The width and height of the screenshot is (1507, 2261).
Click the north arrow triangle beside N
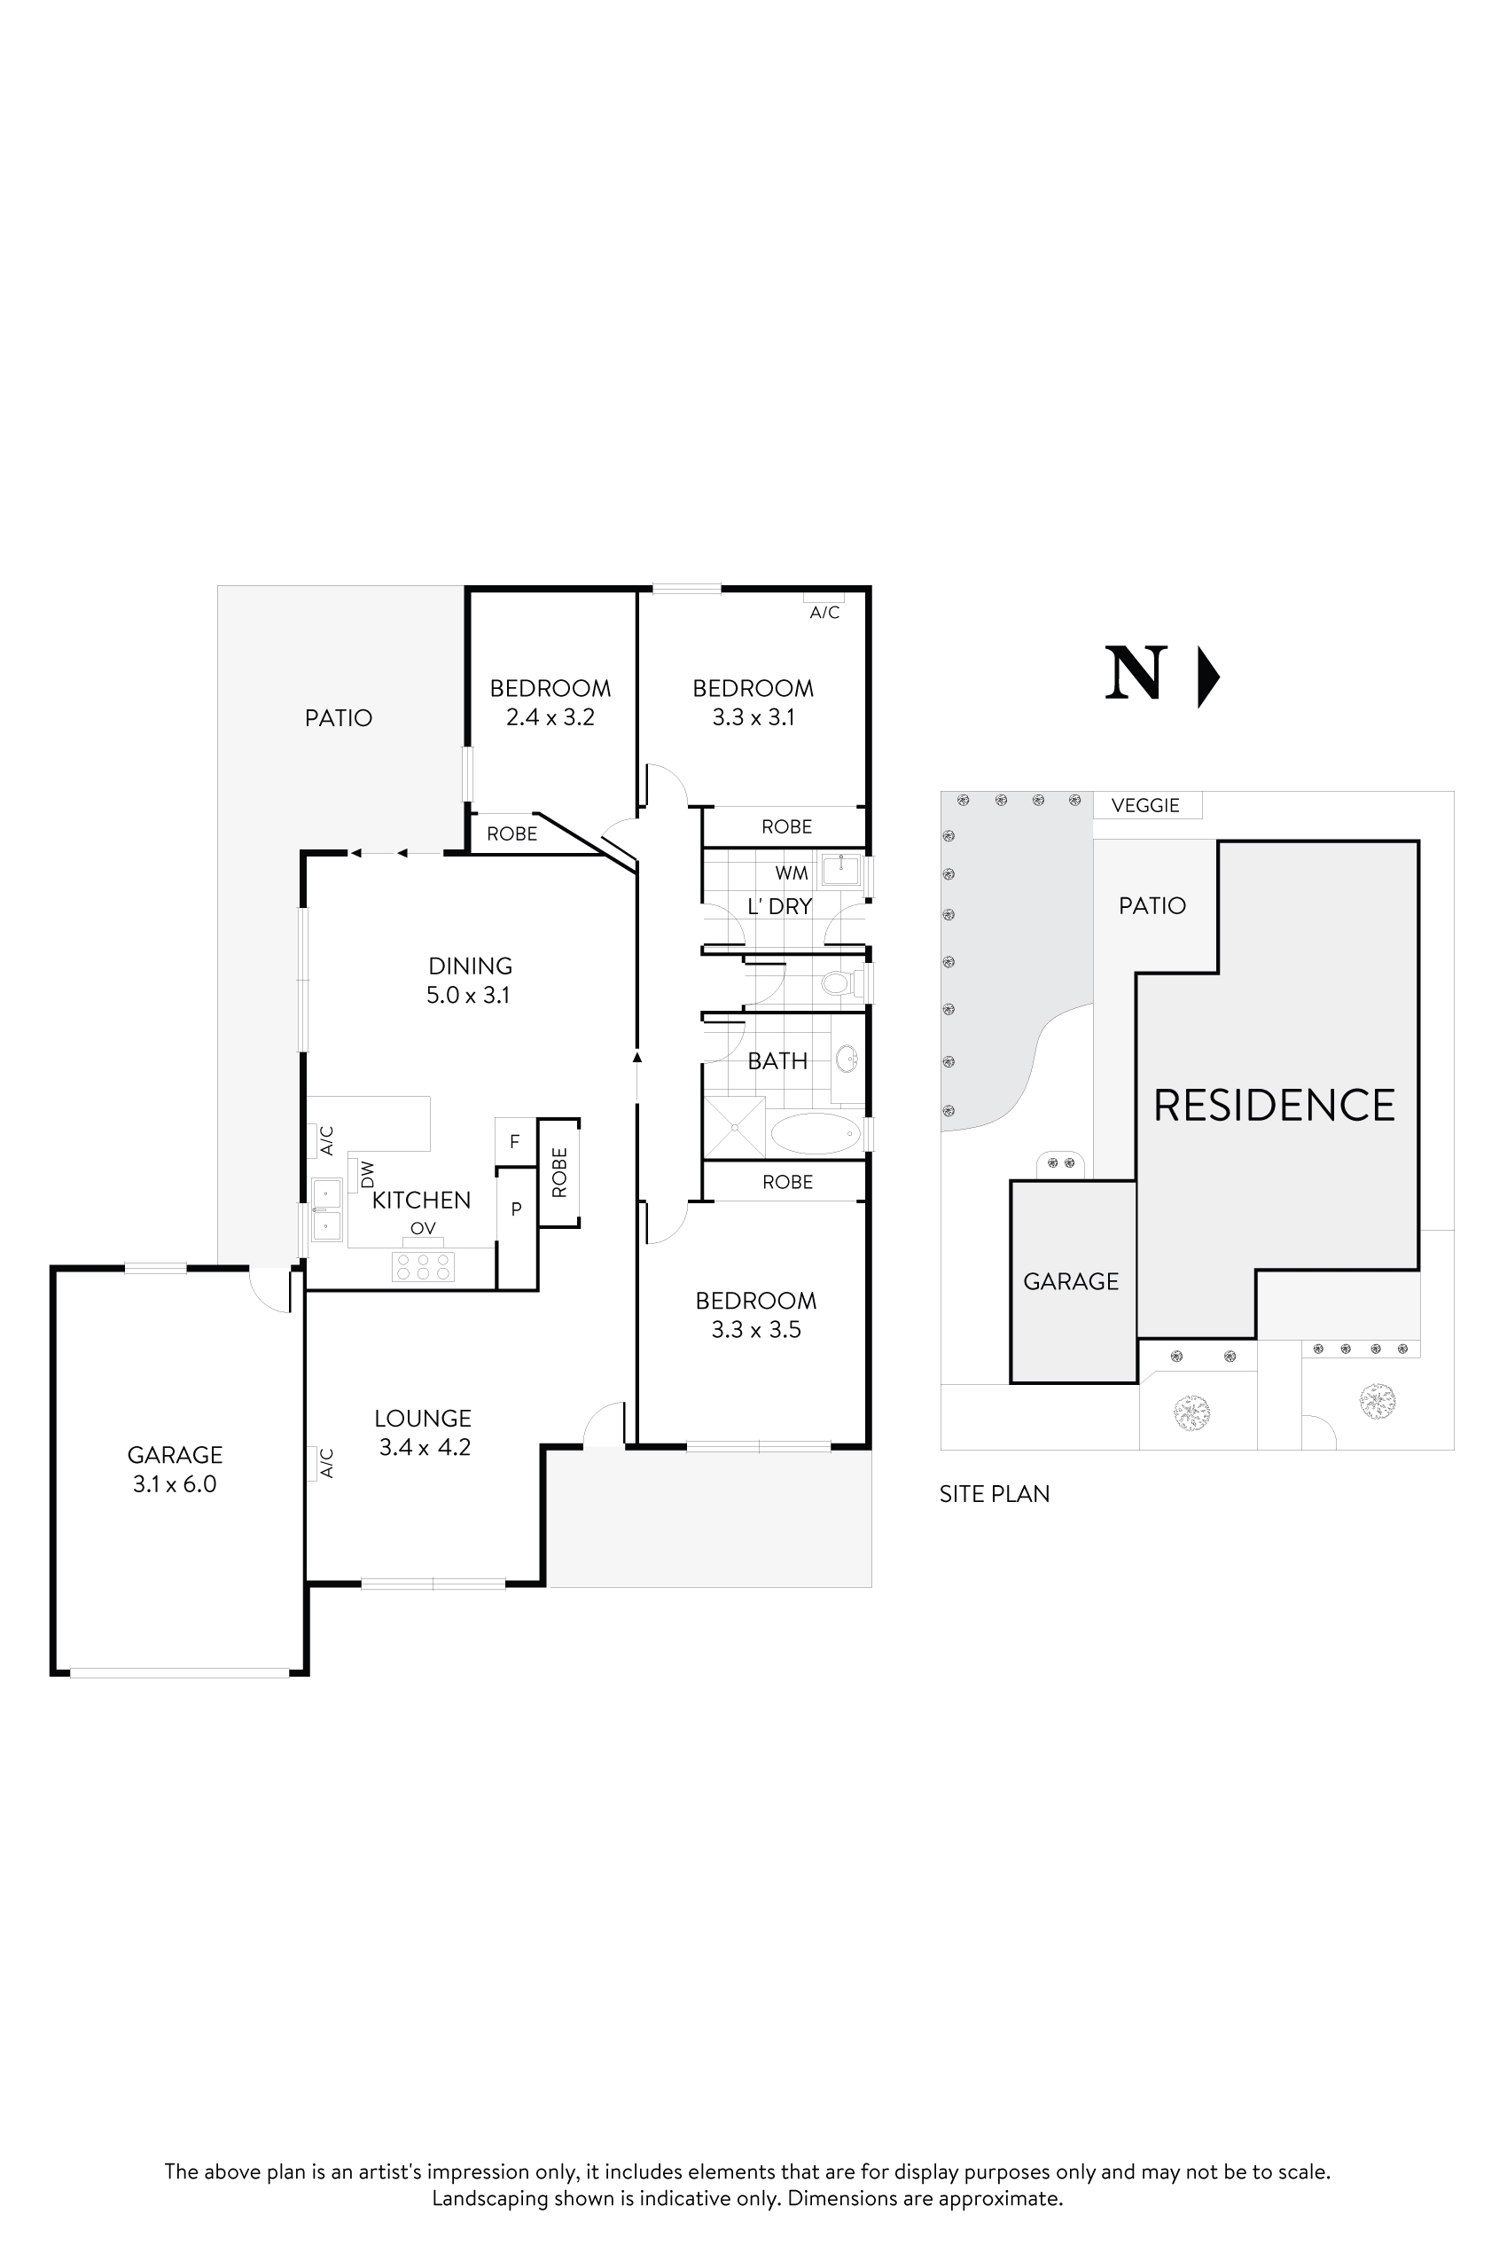pyautogui.click(x=1207, y=677)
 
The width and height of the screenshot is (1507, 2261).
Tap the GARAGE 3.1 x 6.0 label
pyautogui.click(x=175, y=1469)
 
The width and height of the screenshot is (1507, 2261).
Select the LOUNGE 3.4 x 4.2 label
pyautogui.click(x=424, y=1432)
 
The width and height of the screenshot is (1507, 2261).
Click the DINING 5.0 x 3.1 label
pyautogui.click(x=469, y=981)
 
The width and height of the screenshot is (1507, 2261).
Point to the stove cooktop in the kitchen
pyautogui.click(x=423, y=1266)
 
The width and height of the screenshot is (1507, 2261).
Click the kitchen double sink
pyautogui.click(x=327, y=1209)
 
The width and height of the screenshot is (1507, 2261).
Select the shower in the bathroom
pyautogui.click(x=734, y=1127)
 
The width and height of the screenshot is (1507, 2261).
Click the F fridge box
pyautogui.click(x=515, y=1142)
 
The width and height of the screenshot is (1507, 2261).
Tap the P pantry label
pyautogui.click(x=516, y=1209)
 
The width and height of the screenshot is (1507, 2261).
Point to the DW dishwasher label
pyautogui.click(x=367, y=1174)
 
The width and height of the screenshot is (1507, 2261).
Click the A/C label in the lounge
pyautogui.click(x=326, y=1463)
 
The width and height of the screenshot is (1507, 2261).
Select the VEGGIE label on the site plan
pyautogui.click(x=1145, y=806)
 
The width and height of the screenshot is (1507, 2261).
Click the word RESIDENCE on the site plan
pyautogui.click(x=1275, y=1106)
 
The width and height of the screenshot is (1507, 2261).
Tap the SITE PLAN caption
pyautogui.click(x=995, y=1494)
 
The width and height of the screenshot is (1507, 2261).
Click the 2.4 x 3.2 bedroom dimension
pyautogui.click(x=550, y=717)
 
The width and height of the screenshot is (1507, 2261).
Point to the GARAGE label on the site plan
pyautogui.click(x=1071, y=1281)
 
